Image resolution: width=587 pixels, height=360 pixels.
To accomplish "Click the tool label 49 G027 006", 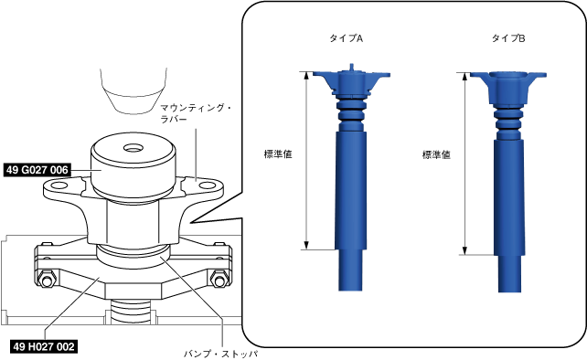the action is (37, 170).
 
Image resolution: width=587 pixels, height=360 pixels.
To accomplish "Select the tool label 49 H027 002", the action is (43, 346).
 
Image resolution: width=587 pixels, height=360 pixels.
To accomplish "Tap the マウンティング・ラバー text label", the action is (196, 114).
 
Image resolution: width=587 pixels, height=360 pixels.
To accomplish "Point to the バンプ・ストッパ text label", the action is (221, 354).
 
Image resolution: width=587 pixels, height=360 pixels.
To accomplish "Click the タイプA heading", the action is (347, 38).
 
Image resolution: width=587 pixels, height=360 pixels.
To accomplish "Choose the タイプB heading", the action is (508, 38).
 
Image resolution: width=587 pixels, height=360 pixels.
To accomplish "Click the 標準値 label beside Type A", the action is (278, 154).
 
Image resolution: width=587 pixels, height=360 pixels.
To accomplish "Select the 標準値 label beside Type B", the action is (436, 155).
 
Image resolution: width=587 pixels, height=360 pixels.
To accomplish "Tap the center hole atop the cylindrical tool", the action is (133, 148).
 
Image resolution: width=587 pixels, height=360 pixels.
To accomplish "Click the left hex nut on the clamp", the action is (47, 280).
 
